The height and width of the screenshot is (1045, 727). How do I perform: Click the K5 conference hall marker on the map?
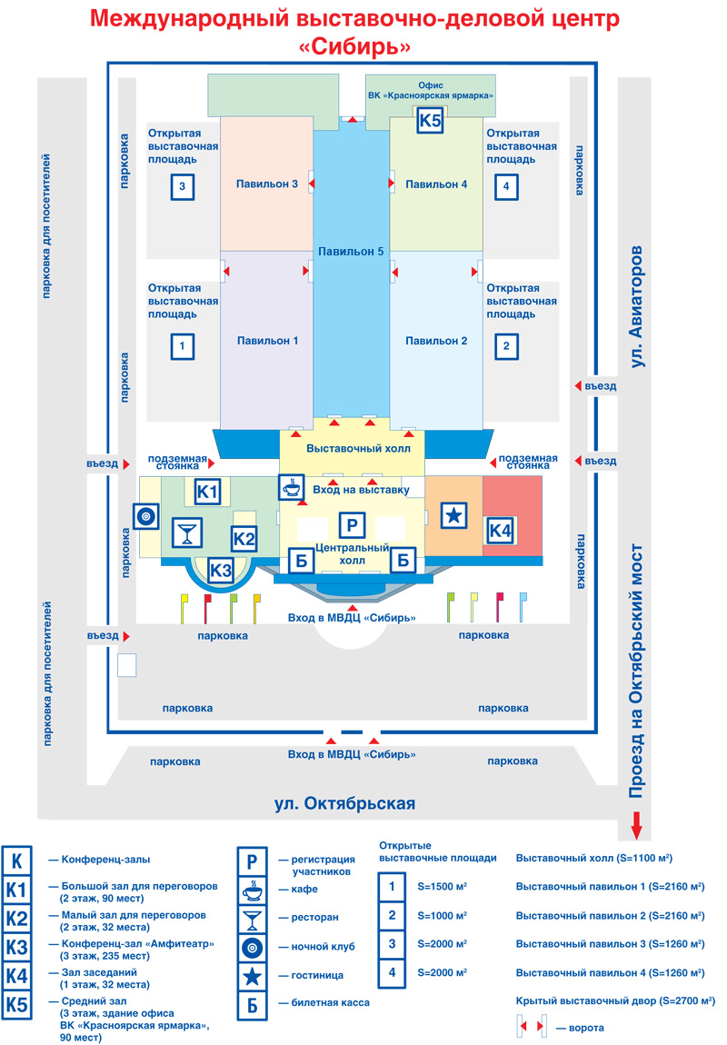click(x=430, y=120)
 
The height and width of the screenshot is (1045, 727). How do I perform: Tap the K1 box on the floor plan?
click(x=209, y=492)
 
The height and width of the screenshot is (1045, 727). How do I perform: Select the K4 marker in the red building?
click(x=501, y=530)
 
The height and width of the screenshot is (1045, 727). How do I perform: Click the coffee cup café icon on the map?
click(x=292, y=487)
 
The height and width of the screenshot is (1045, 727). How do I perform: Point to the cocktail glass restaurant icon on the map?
click(x=187, y=532)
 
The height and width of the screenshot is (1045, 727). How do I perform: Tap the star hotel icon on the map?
click(x=453, y=515)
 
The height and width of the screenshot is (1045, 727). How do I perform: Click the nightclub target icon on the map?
click(x=145, y=516)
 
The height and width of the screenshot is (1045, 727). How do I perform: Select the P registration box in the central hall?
click(x=351, y=524)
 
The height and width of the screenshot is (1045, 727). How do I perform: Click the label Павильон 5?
click(x=351, y=251)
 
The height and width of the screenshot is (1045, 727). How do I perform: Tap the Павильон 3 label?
click(x=266, y=184)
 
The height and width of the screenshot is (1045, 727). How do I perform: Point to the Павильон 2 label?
click(x=436, y=341)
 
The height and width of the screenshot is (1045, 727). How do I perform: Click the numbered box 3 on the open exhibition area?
click(x=183, y=188)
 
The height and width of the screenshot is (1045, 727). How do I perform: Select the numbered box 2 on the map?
click(x=506, y=346)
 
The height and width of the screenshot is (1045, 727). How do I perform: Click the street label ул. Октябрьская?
click(x=344, y=803)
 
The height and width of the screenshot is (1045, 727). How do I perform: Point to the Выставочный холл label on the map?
click(x=358, y=448)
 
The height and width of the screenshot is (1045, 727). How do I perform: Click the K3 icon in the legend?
click(x=17, y=947)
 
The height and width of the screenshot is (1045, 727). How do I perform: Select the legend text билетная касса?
click(x=331, y=1003)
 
